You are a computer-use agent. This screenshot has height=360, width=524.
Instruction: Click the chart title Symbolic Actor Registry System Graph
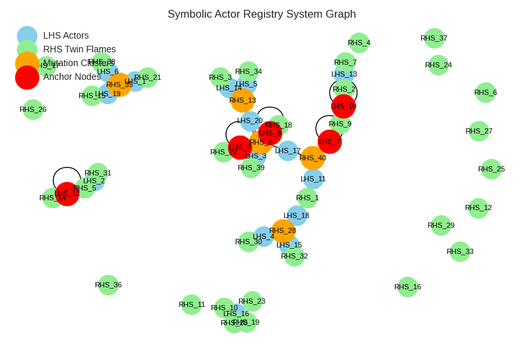(261, 14)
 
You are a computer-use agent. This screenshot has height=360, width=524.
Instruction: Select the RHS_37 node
(434, 38)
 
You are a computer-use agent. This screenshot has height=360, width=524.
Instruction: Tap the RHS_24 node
(438, 65)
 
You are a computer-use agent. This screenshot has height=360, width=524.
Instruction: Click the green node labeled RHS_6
(485, 92)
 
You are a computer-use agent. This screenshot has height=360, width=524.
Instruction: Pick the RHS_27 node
(479, 131)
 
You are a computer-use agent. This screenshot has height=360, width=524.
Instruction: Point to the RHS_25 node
(491, 169)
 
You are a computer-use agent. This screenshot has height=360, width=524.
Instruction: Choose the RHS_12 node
(478, 208)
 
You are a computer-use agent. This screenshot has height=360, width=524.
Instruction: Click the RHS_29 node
(441, 225)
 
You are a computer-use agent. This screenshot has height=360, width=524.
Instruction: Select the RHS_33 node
(460, 251)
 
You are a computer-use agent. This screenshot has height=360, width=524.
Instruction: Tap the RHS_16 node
(407, 287)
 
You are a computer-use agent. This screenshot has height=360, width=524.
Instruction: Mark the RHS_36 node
(108, 285)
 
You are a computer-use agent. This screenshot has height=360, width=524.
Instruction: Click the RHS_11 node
(191, 304)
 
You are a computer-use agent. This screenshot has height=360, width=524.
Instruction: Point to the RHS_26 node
(33, 109)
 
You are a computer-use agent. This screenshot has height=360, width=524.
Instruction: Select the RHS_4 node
(359, 43)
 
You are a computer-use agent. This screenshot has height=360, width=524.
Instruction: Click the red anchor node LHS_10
(343, 106)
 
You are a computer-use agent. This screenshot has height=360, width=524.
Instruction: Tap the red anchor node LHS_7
(329, 141)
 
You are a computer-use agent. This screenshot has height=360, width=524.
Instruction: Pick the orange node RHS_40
(312, 158)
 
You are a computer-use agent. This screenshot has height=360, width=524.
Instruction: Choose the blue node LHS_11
(313, 179)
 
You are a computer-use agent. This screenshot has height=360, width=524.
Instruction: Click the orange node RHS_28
(283, 230)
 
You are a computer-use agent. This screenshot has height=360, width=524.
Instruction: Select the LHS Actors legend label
(66, 35)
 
